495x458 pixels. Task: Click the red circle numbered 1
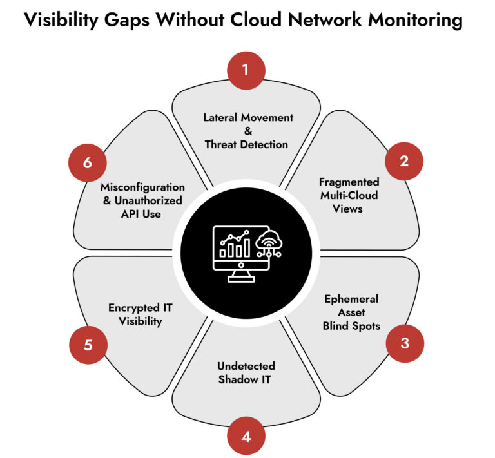[246, 68]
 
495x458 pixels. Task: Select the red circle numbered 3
[404, 343]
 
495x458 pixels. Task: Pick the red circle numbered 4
[246, 436]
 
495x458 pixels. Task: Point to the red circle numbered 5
[88, 344]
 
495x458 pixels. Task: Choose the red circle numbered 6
[88, 162]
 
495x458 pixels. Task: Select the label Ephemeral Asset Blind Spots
[351, 312]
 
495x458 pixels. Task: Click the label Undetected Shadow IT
[244, 372]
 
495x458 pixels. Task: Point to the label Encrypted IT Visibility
[143, 314]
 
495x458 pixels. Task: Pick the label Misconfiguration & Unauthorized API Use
[142, 200]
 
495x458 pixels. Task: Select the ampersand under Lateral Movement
[246, 131]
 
